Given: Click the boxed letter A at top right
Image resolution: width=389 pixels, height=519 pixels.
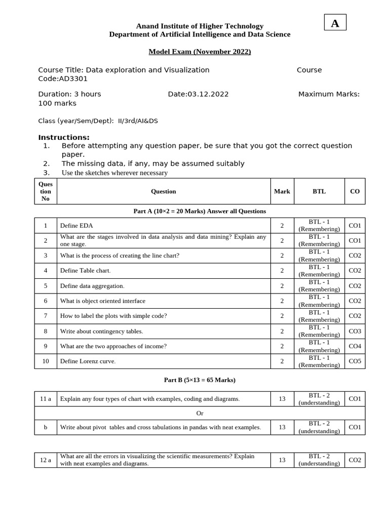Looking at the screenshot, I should tap(335, 23).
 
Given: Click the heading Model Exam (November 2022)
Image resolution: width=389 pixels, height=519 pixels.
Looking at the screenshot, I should tap(200, 52).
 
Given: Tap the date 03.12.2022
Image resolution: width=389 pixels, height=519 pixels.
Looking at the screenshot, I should tap(198, 94).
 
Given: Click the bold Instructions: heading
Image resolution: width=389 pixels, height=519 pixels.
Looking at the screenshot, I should tap(64, 137).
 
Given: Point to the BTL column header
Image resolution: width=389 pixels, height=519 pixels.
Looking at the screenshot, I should tap(319, 191).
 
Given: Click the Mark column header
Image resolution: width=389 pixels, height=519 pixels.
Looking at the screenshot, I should tap(282, 191).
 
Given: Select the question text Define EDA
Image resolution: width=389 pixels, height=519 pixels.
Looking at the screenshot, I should tap(76, 226).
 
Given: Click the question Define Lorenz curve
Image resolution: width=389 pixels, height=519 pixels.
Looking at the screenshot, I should tap(88, 361).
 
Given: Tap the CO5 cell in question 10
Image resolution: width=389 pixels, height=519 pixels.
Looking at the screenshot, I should tap(355, 361).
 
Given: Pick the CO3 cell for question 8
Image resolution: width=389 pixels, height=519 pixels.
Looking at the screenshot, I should tap(355, 331).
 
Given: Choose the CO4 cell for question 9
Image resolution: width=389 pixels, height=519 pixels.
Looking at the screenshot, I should tap(355, 346).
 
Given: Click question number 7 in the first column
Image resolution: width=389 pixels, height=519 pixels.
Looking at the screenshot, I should tap(46, 316).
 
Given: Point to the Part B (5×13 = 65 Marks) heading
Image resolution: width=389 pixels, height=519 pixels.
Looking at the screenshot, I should tap(200, 380).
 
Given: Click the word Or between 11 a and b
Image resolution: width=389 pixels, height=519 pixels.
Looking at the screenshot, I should tap(200, 413).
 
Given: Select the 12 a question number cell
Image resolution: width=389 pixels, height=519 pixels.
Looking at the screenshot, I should tap(46, 460).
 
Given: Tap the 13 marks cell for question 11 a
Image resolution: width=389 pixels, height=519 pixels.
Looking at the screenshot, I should tap(282, 399).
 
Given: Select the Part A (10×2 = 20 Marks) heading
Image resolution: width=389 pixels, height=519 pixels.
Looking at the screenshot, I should tap(200, 211).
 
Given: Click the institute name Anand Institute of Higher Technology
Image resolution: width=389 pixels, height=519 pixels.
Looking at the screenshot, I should tap(200, 26).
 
